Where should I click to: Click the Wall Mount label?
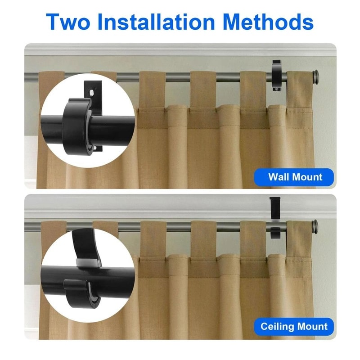coord(295,177)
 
